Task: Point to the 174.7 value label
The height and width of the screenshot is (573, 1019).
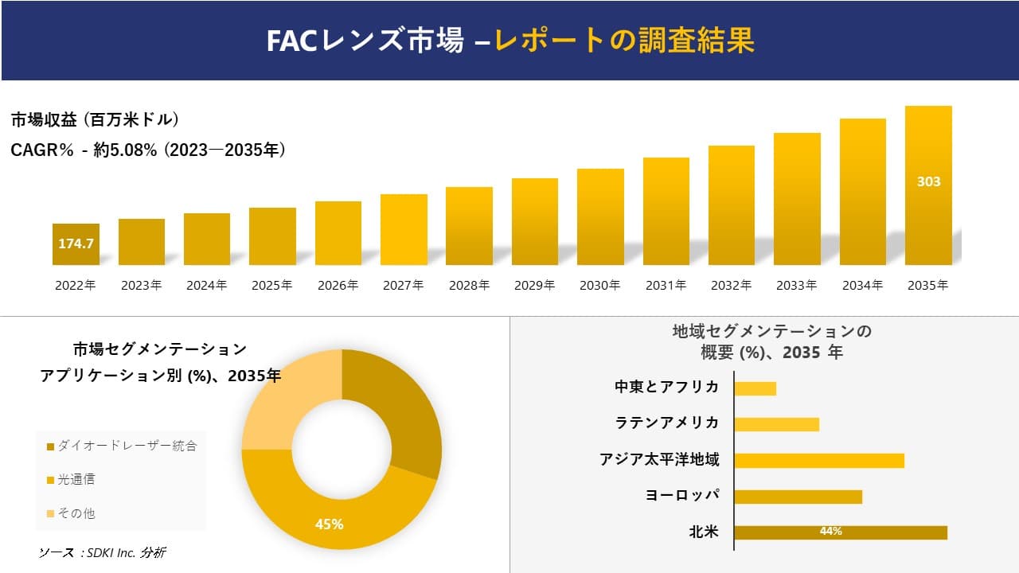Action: (x=76, y=244)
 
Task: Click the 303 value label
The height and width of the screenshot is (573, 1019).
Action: (x=928, y=181)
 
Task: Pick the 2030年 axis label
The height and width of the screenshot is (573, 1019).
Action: (x=599, y=285)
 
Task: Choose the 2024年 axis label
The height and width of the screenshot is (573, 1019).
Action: (x=206, y=285)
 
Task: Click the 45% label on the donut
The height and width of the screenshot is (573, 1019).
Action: (x=329, y=524)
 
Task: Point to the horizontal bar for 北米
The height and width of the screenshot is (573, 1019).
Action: (x=840, y=532)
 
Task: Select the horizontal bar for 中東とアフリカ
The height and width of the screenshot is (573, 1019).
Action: (x=755, y=388)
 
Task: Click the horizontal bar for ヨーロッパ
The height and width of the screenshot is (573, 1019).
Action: (x=798, y=497)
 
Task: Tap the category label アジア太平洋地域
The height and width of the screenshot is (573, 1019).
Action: (x=659, y=459)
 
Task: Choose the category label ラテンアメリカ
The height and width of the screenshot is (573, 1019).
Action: (x=667, y=423)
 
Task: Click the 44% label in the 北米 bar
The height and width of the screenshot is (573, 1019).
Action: (x=830, y=532)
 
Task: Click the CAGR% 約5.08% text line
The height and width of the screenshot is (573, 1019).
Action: (x=148, y=150)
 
